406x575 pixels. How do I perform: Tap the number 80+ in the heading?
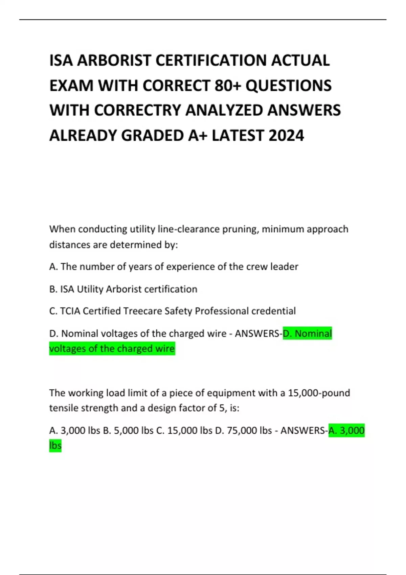(x=227, y=86)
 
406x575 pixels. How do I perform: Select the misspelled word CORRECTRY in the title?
(x=138, y=111)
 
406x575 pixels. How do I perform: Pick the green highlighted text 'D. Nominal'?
(x=307, y=333)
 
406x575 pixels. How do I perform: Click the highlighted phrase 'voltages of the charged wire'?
(x=112, y=349)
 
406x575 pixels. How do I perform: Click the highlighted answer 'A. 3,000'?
(x=346, y=431)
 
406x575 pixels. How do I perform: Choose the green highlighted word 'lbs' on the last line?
(x=55, y=446)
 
